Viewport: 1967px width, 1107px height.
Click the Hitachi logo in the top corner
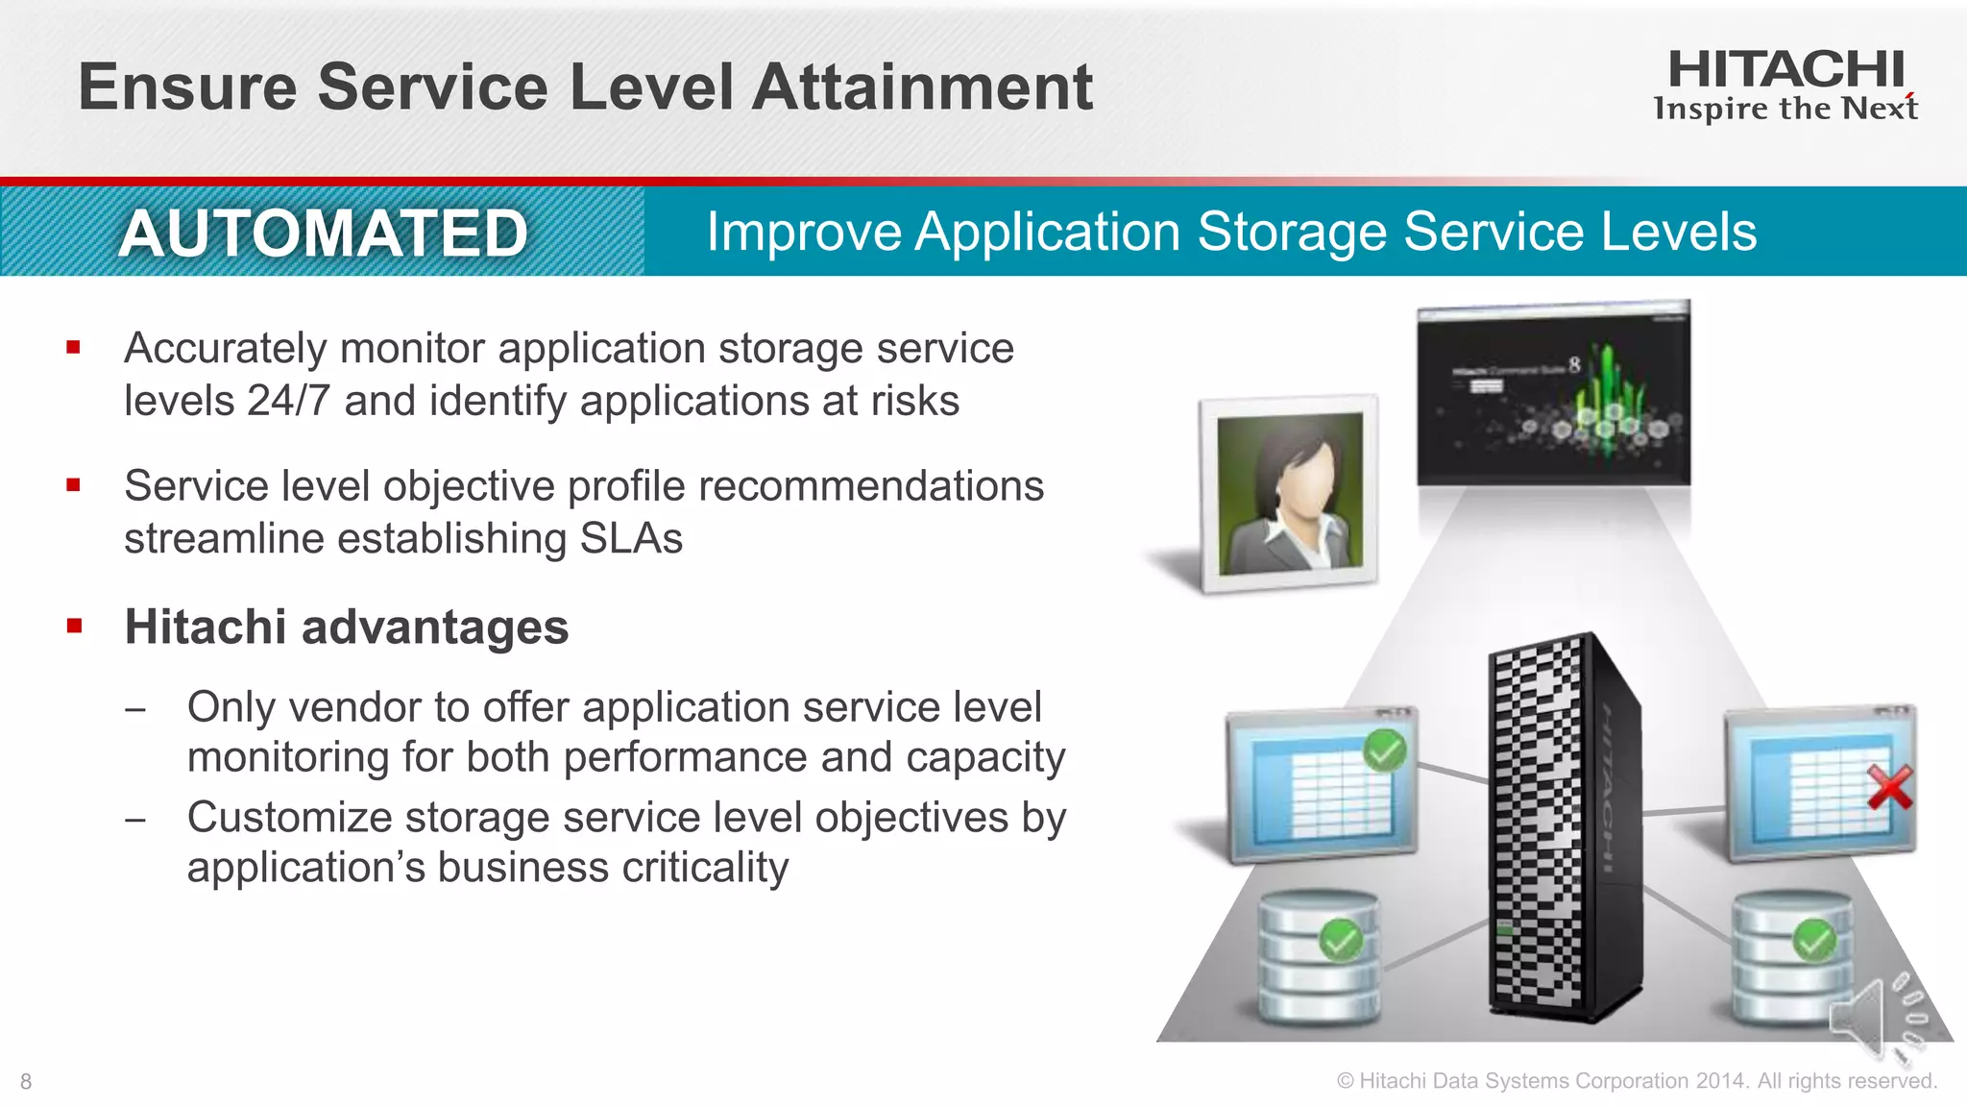pyautogui.click(x=1785, y=86)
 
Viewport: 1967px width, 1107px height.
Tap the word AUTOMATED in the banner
pyautogui.click(x=324, y=234)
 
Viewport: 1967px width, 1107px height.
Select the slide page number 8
pyautogui.click(x=26, y=1082)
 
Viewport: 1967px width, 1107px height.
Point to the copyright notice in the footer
pyautogui.click(x=1637, y=1081)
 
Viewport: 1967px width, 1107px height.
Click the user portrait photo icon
pyautogui.click(x=1290, y=492)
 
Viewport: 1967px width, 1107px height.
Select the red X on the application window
pyautogui.click(x=1889, y=788)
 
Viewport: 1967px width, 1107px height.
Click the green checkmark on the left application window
pyautogui.click(x=1385, y=750)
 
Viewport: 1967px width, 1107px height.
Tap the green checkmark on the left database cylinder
pyautogui.click(x=1341, y=939)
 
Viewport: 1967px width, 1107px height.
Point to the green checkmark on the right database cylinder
pyautogui.click(x=1814, y=939)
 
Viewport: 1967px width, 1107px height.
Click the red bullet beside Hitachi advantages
pyautogui.click(x=74, y=627)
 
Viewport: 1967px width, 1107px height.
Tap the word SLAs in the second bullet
pyautogui.click(x=631, y=538)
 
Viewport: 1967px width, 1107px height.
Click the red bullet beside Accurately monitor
pyautogui.click(x=74, y=347)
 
